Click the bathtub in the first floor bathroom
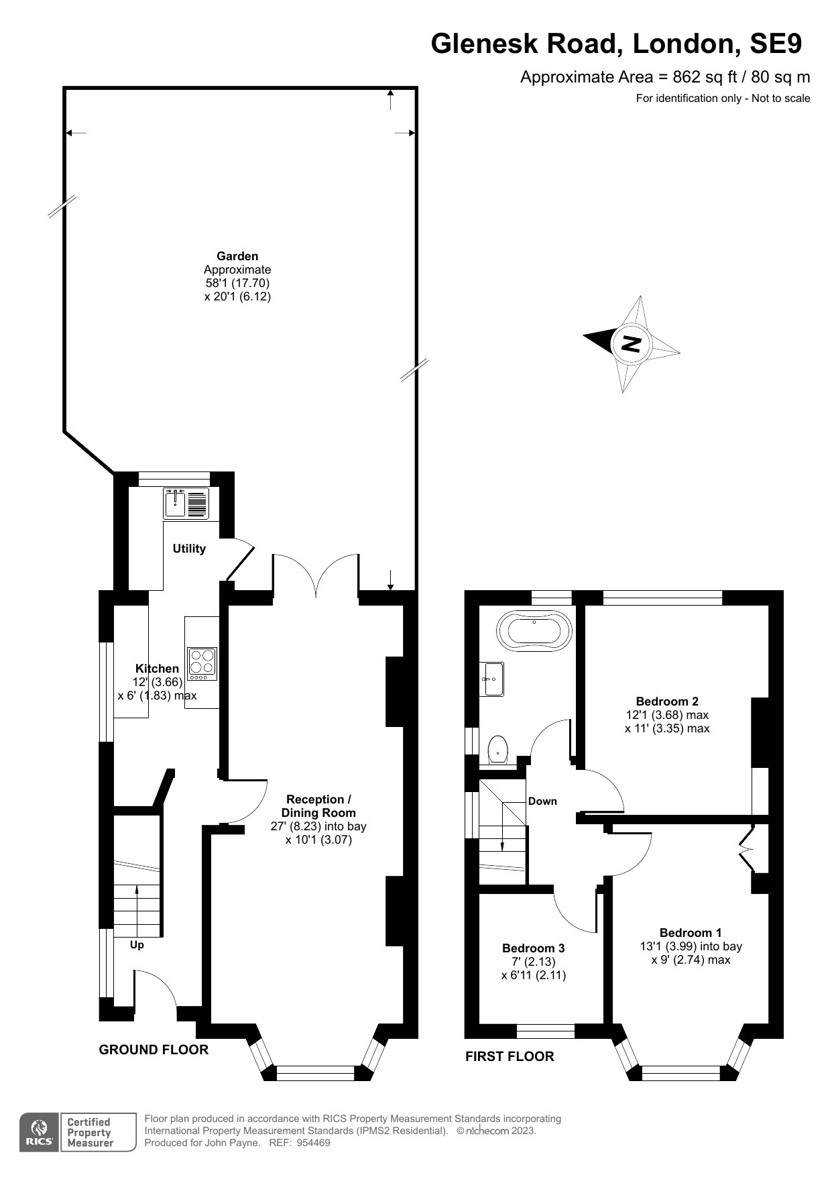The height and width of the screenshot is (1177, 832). [x=534, y=631]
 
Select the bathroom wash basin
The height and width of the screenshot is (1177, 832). [x=492, y=679]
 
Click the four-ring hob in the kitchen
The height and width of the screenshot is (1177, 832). [x=202, y=663]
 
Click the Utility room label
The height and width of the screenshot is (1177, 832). [x=189, y=549]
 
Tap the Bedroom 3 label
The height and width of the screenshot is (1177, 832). [x=534, y=948]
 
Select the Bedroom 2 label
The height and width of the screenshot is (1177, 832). [x=667, y=702]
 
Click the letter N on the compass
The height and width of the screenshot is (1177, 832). [x=632, y=344]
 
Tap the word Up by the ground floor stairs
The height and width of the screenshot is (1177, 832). [x=137, y=945]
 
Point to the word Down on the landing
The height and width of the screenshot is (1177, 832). [x=542, y=801]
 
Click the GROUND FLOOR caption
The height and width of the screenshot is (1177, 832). [x=154, y=1050]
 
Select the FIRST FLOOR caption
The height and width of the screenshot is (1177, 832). [x=510, y=1056]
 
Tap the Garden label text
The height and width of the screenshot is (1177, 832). [x=237, y=256]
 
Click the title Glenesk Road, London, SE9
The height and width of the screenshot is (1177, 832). [x=616, y=44]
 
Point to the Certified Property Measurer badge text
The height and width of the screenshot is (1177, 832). [x=88, y=1132]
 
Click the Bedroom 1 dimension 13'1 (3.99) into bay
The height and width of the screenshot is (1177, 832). [x=691, y=946]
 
